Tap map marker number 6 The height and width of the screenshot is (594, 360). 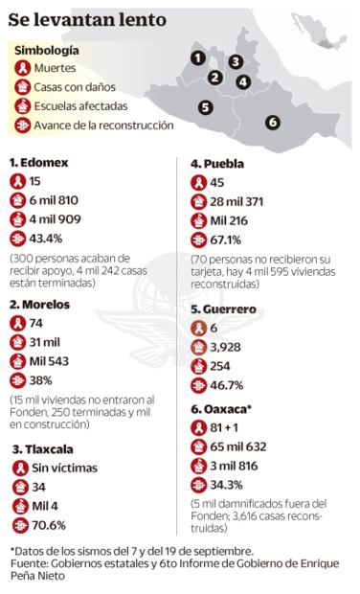[x=273, y=122]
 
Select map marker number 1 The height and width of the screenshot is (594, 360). [x=196, y=57]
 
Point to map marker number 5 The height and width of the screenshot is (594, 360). [x=206, y=106]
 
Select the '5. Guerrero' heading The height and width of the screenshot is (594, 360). [x=226, y=309]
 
